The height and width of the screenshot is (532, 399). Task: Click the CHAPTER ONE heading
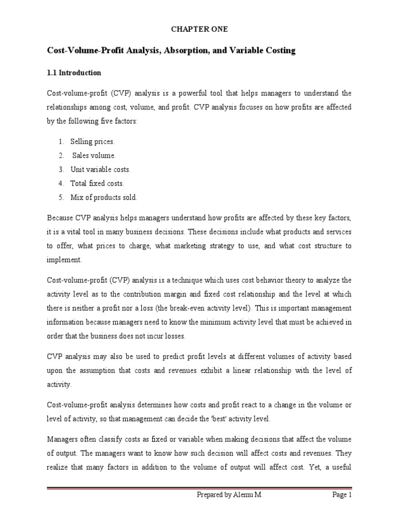(x=199, y=30)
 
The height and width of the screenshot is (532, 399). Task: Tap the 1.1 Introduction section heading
(x=74, y=72)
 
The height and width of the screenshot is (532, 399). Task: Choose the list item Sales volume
(x=94, y=155)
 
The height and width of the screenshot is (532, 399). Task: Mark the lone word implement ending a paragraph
(x=64, y=259)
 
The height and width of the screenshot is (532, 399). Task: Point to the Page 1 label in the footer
(x=342, y=510)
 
